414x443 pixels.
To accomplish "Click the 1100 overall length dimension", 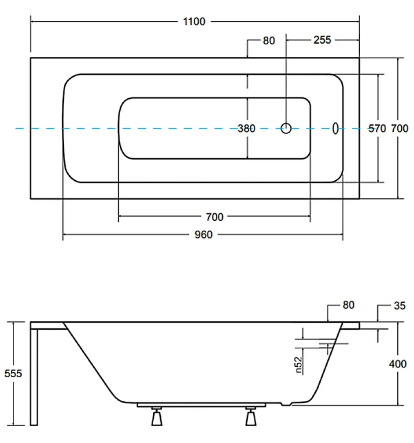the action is click(194, 22).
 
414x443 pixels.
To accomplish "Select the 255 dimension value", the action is click(322, 40).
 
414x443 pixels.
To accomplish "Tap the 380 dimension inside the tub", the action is click(246, 129).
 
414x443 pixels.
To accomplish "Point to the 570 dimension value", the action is click(377, 129).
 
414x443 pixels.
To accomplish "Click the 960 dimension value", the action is click(203, 235).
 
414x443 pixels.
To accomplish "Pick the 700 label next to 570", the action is click(399, 129).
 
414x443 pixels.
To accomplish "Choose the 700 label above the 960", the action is click(214, 217).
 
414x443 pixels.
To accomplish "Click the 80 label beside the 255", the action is click(269, 41).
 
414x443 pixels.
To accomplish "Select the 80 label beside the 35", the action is click(348, 305).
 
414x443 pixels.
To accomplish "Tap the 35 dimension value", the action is click(399, 306).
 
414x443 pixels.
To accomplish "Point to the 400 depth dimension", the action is click(398, 364).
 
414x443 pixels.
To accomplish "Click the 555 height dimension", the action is click(13, 373).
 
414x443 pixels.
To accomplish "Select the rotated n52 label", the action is click(299, 365).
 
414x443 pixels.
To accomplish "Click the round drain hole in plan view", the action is click(286, 128).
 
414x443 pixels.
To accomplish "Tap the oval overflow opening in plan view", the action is click(335, 129).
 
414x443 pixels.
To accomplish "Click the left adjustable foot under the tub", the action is click(157, 416).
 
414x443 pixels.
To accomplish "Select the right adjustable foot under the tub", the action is click(251, 416).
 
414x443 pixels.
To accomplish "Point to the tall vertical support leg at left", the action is click(34, 377).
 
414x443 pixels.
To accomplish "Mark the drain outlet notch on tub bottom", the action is click(286, 404).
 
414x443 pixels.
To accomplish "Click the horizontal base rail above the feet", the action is click(201, 405).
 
